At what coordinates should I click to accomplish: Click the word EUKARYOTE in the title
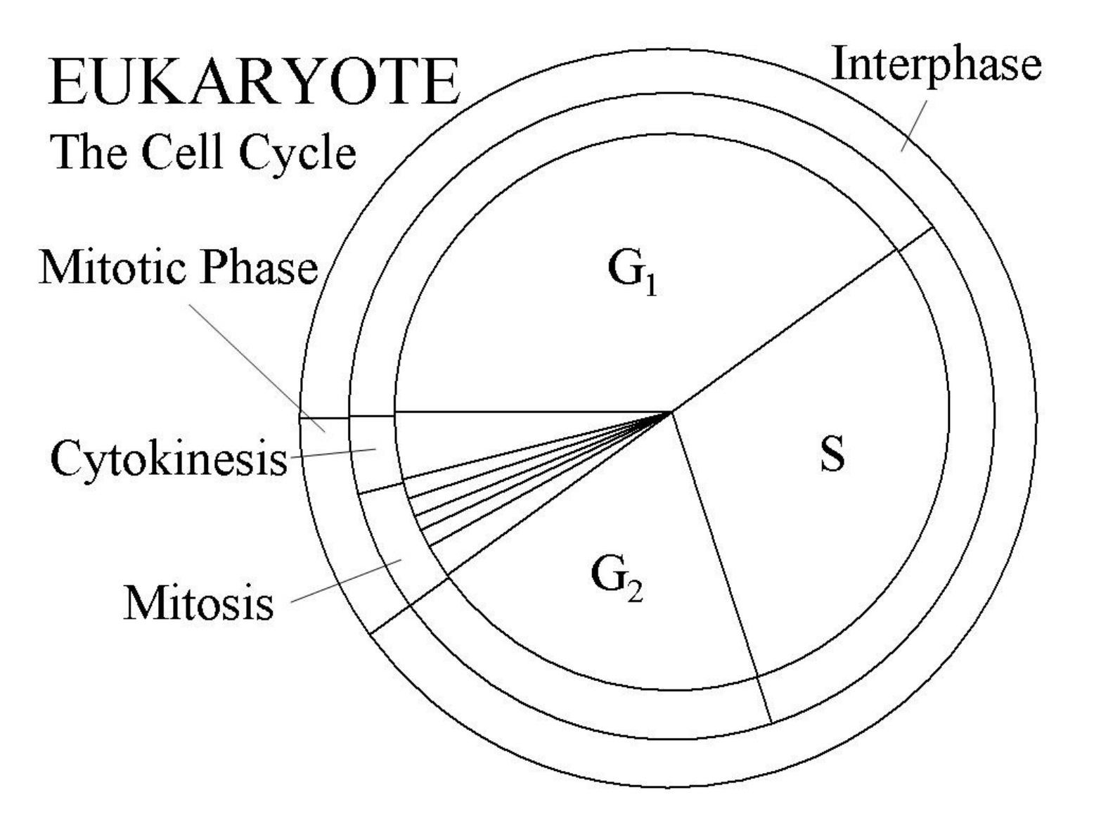pos(255,83)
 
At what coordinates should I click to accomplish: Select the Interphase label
pos(936,64)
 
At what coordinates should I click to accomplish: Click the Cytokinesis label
pos(169,459)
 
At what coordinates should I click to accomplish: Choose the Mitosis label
pos(198,603)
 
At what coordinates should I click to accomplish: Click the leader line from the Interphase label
pos(913,125)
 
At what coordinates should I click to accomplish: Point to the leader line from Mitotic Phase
pos(257,368)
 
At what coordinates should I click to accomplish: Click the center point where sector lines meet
pos(671,412)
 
